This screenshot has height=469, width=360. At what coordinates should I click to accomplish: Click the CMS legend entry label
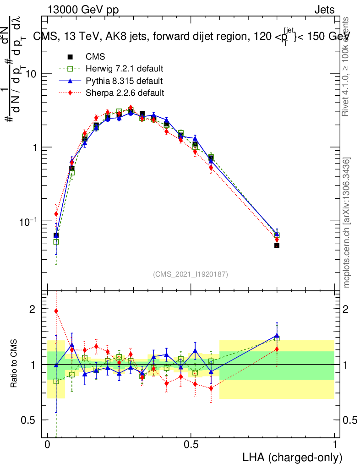point(95,57)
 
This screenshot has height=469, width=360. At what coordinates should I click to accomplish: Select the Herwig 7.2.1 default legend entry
point(125,69)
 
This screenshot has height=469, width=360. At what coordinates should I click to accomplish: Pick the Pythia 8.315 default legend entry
point(124,81)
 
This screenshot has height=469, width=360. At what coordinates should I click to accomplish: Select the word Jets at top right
point(324,10)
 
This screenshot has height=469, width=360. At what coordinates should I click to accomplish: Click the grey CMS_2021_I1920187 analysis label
point(191,274)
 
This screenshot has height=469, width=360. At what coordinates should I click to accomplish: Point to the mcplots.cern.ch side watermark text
point(347,223)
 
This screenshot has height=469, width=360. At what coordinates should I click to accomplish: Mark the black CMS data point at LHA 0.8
point(277,245)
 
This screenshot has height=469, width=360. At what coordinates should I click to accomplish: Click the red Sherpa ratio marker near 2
point(56,311)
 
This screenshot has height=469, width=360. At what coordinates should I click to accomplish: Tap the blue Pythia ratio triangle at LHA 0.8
point(277,335)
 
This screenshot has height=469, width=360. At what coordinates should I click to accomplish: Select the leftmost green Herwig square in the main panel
point(56,242)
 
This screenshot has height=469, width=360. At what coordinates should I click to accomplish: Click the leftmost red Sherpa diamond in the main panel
point(56,214)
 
